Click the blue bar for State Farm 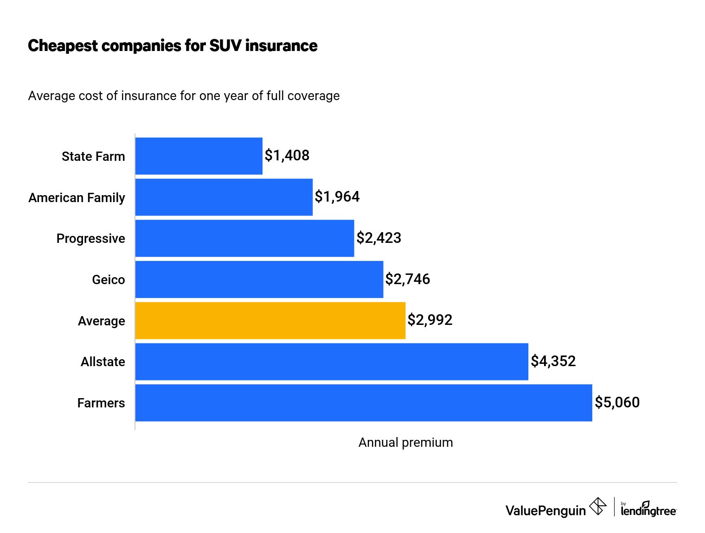tap(199, 156)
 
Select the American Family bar tap(224, 197)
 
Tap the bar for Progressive tap(244, 238)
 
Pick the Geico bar tap(259, 279)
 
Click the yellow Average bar tap(270, 321)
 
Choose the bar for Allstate tap(332, 362)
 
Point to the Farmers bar tap(364, 403)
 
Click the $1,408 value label tap(287, 156)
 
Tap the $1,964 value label tap(337, 197)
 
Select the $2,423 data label tap(378, 238)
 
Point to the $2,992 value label tap(429, 320)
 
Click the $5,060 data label tap(617, 402)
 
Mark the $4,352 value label tap(553, 362)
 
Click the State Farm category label tap(93, 157)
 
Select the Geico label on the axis tap(108, 280)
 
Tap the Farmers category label tap(101, 403)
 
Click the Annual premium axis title tap(405, 443)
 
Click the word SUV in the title tap(225, 46)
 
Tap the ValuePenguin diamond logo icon tap(597, 506)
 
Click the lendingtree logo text tap(648, 510)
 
